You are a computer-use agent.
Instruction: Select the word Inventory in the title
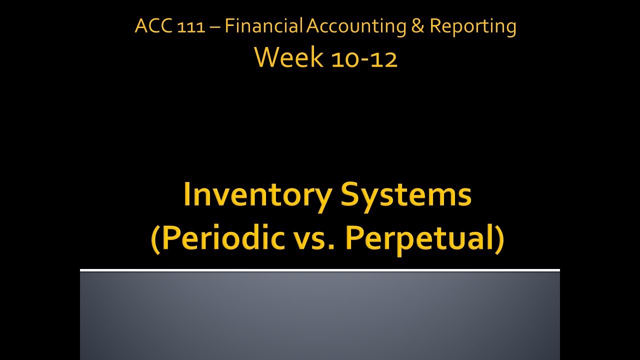256,195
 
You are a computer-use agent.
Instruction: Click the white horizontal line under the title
320,270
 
